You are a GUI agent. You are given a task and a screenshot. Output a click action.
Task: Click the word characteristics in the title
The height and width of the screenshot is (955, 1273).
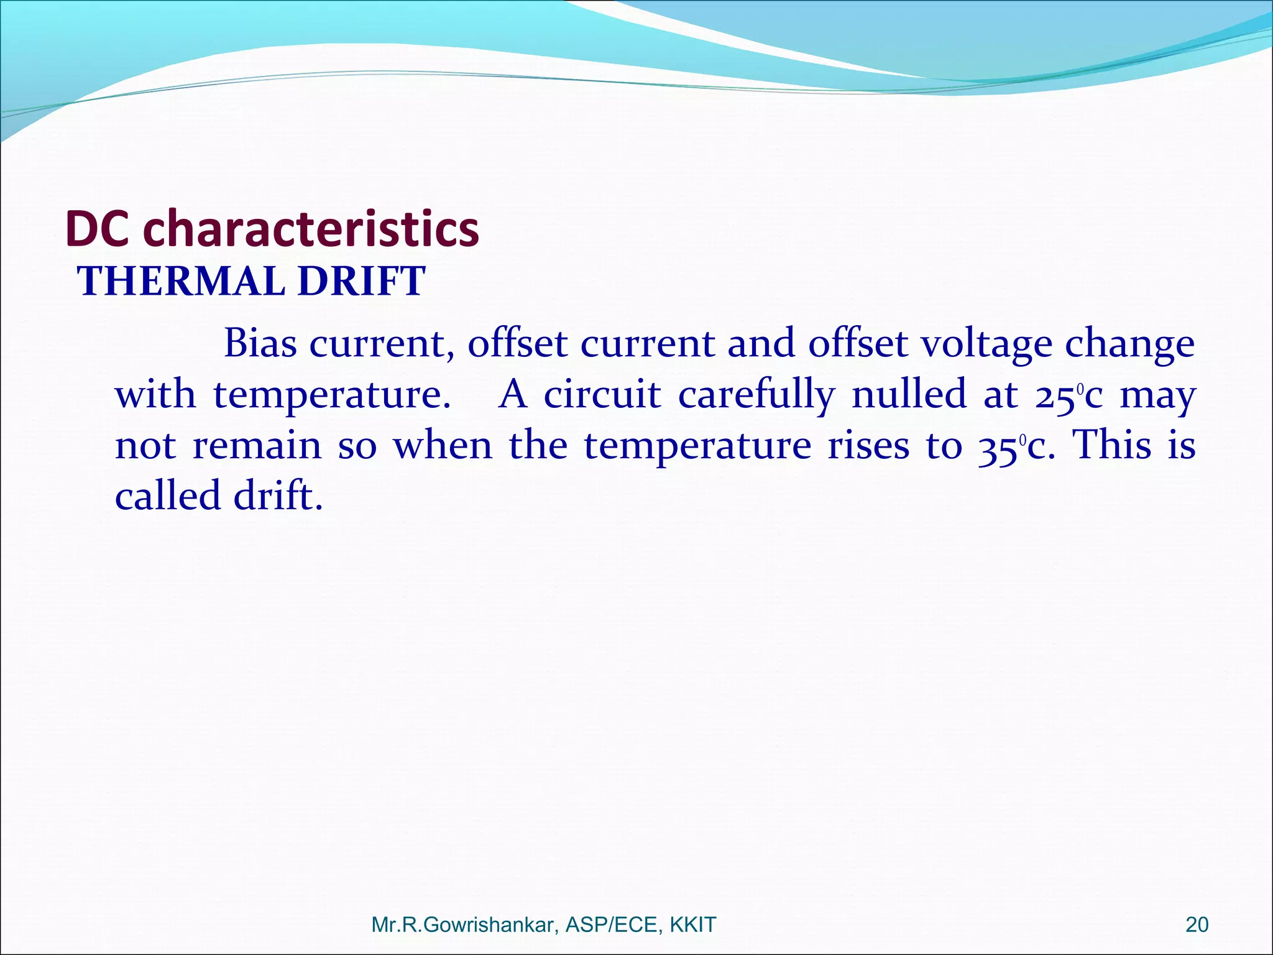(311, 229)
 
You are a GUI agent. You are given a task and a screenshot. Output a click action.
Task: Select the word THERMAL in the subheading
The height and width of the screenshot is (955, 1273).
(181, 281)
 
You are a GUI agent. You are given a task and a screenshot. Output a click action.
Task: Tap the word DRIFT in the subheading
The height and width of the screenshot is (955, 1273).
(361, 281)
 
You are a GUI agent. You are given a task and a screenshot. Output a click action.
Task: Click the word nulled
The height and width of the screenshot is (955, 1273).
(909, 394)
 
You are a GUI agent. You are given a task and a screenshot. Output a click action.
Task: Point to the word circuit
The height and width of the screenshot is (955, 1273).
(602, 394)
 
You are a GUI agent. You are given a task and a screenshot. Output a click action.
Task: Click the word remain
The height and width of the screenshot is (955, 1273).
(257, 446)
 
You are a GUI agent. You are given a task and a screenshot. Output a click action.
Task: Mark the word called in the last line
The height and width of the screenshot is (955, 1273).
(168, 496)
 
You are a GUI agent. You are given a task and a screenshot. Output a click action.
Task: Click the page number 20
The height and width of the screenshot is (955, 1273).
(1197, 925)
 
